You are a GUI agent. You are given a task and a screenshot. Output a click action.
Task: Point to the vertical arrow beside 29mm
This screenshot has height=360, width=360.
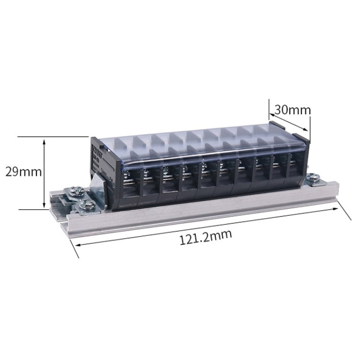coord(45,173)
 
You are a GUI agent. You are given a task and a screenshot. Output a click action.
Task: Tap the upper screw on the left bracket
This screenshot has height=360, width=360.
coord(77,192)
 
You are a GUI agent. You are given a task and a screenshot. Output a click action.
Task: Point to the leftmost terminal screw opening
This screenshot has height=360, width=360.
coord(128,182)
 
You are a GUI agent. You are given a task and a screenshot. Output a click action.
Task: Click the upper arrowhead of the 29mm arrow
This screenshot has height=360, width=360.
coord(45,141)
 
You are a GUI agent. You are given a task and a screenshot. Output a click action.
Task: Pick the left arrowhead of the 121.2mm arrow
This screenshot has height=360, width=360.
coord(76,244)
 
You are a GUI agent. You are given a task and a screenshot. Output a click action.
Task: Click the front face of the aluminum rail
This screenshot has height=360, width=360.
coord(202,211)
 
